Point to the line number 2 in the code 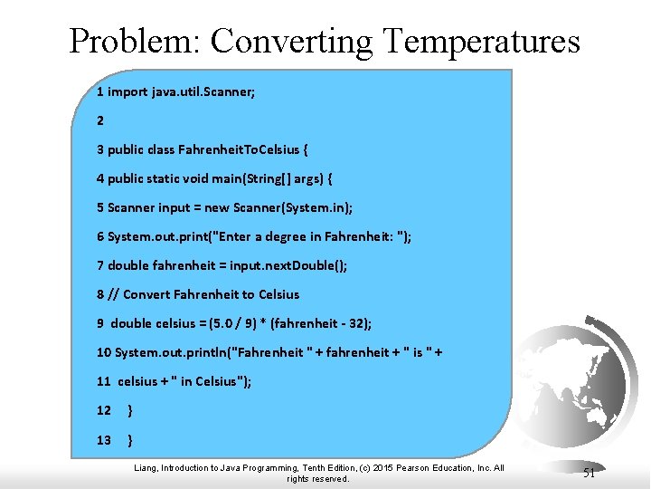tap(100, 120)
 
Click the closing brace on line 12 tap(132, 411)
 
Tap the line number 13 tap(104, 440)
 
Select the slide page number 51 tap(589, 472)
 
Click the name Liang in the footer tap(146, 468)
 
